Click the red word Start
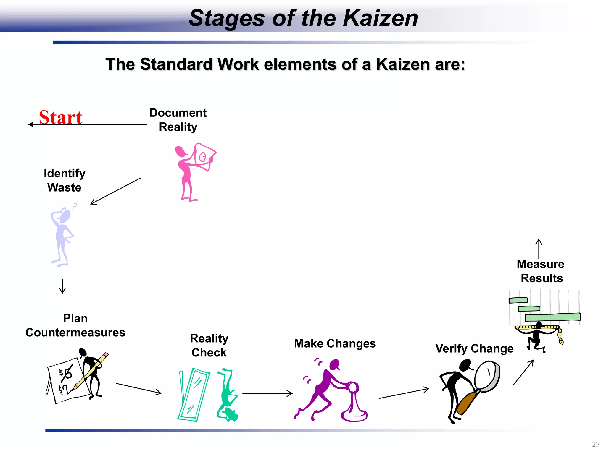[x=61, y=117]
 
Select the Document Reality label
[x=178, y=120]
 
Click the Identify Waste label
[x=65, y=180]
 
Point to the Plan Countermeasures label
[x=75, y=325]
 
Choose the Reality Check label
[x=209, y=345]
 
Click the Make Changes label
[x=335, y=343]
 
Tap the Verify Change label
[x=474, y=348]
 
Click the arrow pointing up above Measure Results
[x=539, y=248]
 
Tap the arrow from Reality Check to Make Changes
[x=267, y=393]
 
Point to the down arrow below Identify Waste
[x=62, y=286]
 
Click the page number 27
[x=596, y=444]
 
